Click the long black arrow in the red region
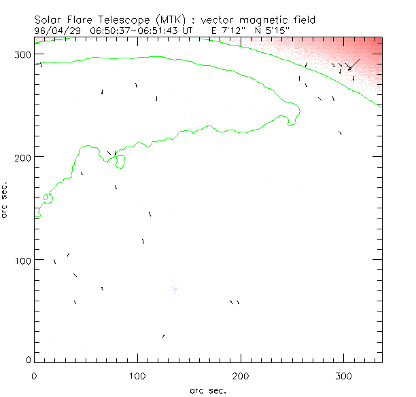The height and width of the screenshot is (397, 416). coord(354,64)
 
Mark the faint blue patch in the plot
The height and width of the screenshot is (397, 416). coord(175,290)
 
